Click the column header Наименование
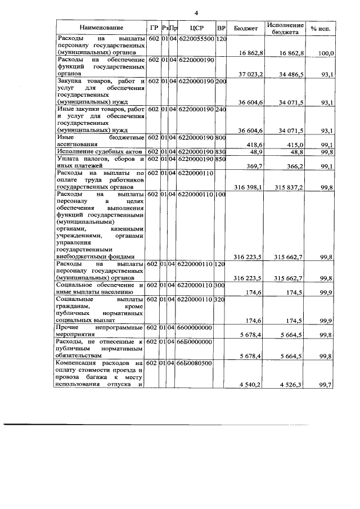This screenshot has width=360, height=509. point(101,27)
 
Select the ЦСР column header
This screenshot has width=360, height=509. point(196,27)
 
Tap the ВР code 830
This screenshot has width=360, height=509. point(220,152)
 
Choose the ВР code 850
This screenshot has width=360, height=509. point(220,160)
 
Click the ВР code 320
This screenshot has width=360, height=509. point(220,299)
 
